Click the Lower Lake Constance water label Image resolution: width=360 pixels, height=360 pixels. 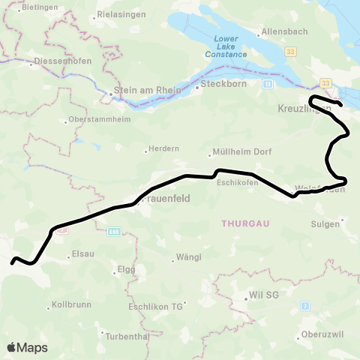point(226,46)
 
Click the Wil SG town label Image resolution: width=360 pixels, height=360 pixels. point(262,295)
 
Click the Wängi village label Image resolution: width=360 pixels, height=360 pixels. point(187,256)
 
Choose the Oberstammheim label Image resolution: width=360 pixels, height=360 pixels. point(99,119)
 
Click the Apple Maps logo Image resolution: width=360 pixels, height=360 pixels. point(27,347)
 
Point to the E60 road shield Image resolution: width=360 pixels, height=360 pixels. point(112,232)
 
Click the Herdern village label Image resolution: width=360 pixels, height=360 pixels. point(165,148)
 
